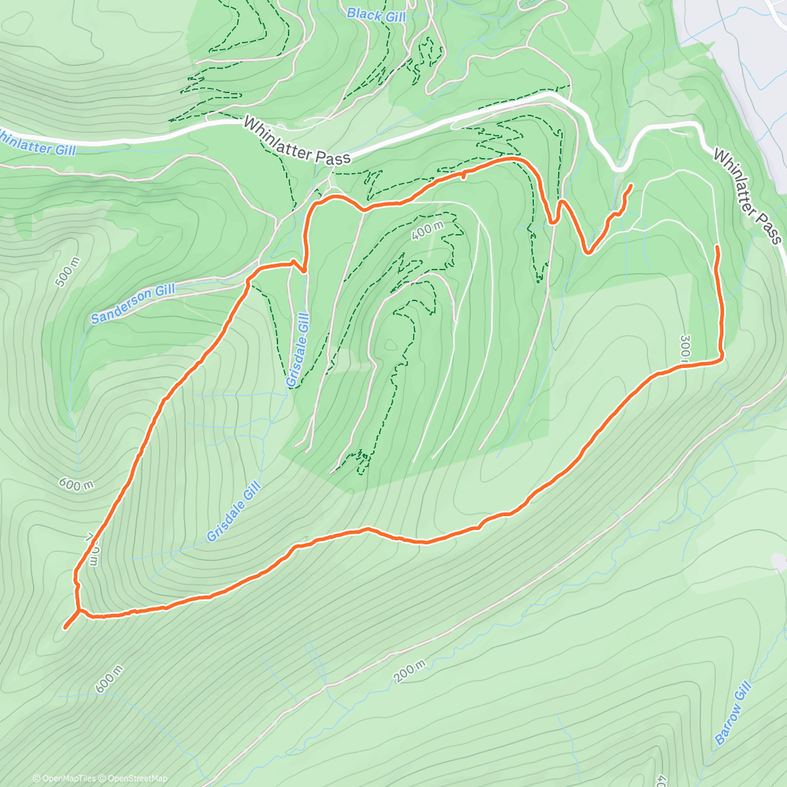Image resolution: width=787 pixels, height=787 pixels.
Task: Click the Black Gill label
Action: (376, 15)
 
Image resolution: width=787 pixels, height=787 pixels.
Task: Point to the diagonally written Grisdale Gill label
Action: (234, 512)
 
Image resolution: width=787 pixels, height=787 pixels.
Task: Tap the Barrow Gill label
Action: (732, 713)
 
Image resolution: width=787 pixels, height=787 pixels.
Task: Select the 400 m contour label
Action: (428, 231)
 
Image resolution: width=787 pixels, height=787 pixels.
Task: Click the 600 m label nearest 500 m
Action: (76, 485)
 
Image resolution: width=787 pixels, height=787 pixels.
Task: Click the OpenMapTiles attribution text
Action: (64, 778)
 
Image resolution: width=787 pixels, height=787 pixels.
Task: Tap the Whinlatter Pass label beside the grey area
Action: (748, 197)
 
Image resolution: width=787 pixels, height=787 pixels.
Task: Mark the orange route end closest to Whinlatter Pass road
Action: (630, 186)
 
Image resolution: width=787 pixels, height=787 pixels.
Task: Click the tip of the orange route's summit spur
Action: (65, 628)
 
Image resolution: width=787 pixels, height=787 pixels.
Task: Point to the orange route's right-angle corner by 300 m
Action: (721, 357)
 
